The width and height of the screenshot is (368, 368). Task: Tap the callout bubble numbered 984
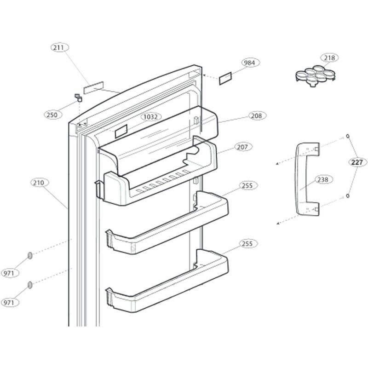pos(251,63)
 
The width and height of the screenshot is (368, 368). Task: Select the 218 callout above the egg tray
pos(329,58)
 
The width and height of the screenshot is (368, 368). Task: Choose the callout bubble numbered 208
pos(256,116)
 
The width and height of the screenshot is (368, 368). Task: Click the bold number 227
pos(357,162)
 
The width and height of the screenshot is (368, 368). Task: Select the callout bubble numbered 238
pos(322,180)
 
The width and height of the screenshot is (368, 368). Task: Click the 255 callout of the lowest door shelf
pos(247,244)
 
